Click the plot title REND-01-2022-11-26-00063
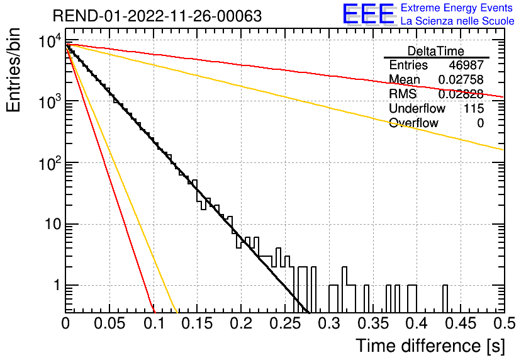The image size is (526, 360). point(157,16)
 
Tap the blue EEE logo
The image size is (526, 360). point(369,14)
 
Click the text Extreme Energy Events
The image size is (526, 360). point(457,8)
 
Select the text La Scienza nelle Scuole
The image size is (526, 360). point(457,21)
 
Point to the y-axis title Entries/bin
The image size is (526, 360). point(13,70)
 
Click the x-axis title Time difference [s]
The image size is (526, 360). point(430,346)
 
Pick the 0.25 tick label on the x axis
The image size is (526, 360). point(284,323)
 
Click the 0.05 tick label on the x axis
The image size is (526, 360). point(109,323)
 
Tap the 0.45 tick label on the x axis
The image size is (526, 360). point(461,323)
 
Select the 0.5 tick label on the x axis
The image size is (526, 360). point(504,323)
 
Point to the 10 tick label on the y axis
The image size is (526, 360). point(53,224)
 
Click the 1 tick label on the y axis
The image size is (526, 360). point(57,285)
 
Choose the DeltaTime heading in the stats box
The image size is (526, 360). point(436,51)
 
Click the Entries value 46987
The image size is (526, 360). point(466,65)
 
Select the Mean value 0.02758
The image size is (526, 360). point(461,79)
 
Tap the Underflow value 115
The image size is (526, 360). point(474,108)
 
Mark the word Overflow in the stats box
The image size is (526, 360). point(413,123)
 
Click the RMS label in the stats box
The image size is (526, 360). point(403,94)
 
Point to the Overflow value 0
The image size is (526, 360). point(480,123)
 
